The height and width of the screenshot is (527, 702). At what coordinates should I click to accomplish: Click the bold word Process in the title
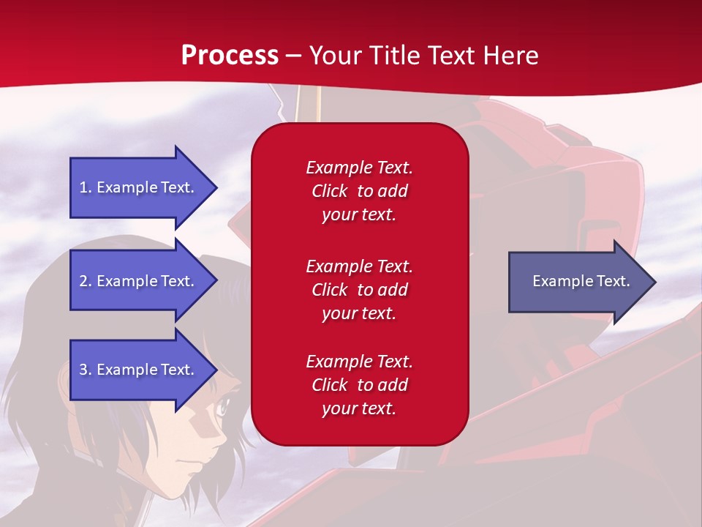[230, 56]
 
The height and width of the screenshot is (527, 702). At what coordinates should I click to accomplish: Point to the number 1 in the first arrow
[83, 187]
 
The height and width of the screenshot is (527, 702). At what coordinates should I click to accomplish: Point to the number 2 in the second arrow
[83, 281]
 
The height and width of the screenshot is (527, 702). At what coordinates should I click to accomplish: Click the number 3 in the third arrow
[83, 370]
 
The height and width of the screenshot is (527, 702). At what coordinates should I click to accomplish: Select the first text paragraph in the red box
[359, 191]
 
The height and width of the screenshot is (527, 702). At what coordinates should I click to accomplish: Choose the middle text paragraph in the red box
[359, 290]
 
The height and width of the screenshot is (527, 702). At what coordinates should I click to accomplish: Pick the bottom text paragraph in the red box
[359, 385]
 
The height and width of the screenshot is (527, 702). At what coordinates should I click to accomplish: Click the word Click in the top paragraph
[329, 191]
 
